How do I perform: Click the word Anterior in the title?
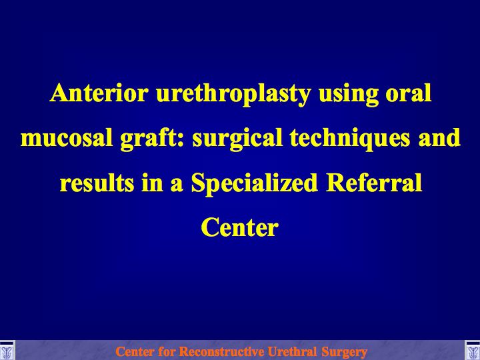click(x=99, y=93)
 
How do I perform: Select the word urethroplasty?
click(x=233, y=95)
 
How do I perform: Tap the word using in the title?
click(x=349, y=95)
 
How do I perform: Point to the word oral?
click(x=409, y=93)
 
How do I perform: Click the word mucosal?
click(x=67, y=138)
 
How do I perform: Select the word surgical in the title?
click(x=237, y=139)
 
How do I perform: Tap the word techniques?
click(x=349, y=139)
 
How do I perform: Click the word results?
click(x=97, y=183)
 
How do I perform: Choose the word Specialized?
click(x=254, y=184)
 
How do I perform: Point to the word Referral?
click(x=373, y=183)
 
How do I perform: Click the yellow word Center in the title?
click(x=240, y=227)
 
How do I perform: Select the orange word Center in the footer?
click(x=134, y=351)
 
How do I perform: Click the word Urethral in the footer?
click(x=292, y=351)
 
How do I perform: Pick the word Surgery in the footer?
click(x=344, y=353)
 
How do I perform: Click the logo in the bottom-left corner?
click(x=7, y=350)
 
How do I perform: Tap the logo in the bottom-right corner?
click(x=473, y=350)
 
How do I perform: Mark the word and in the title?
click(x=439, y=137)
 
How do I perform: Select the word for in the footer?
click(x=165, y=351)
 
